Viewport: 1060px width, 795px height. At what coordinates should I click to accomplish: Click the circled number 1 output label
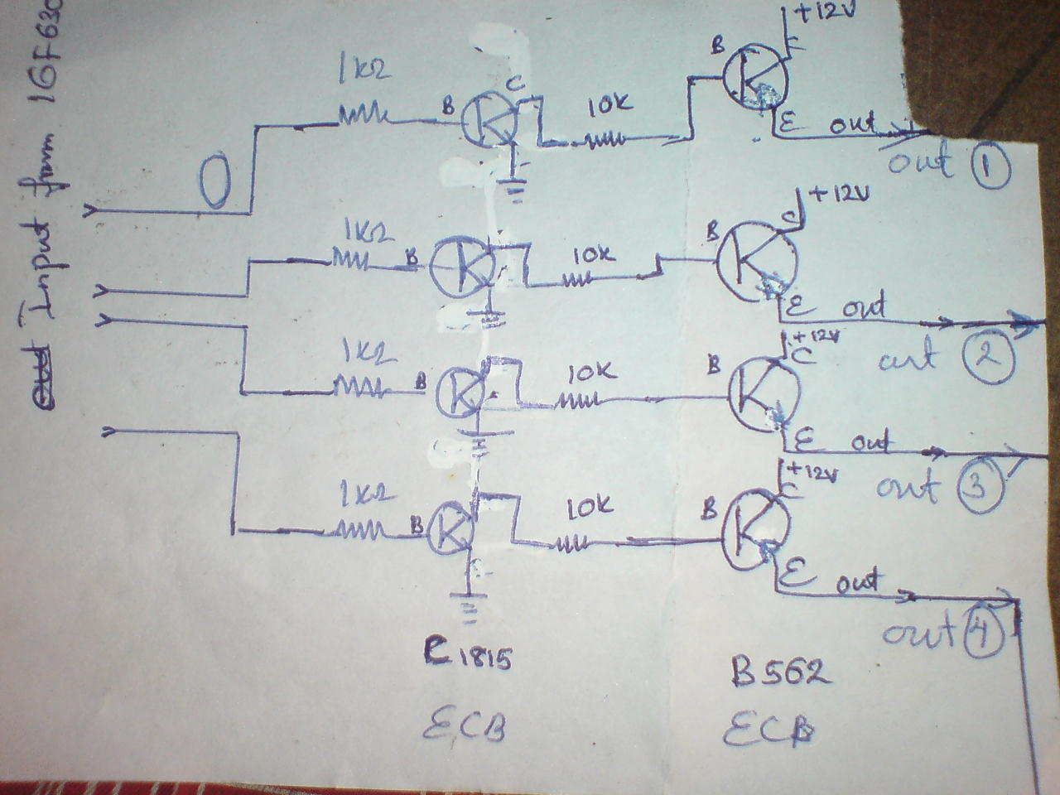coord(986,169)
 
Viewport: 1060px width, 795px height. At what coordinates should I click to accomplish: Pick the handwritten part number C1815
coord(470,660)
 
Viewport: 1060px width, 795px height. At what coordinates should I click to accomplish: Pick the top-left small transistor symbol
coord(489,121)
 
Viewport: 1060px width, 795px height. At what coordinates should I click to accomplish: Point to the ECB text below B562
coord(767,730)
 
